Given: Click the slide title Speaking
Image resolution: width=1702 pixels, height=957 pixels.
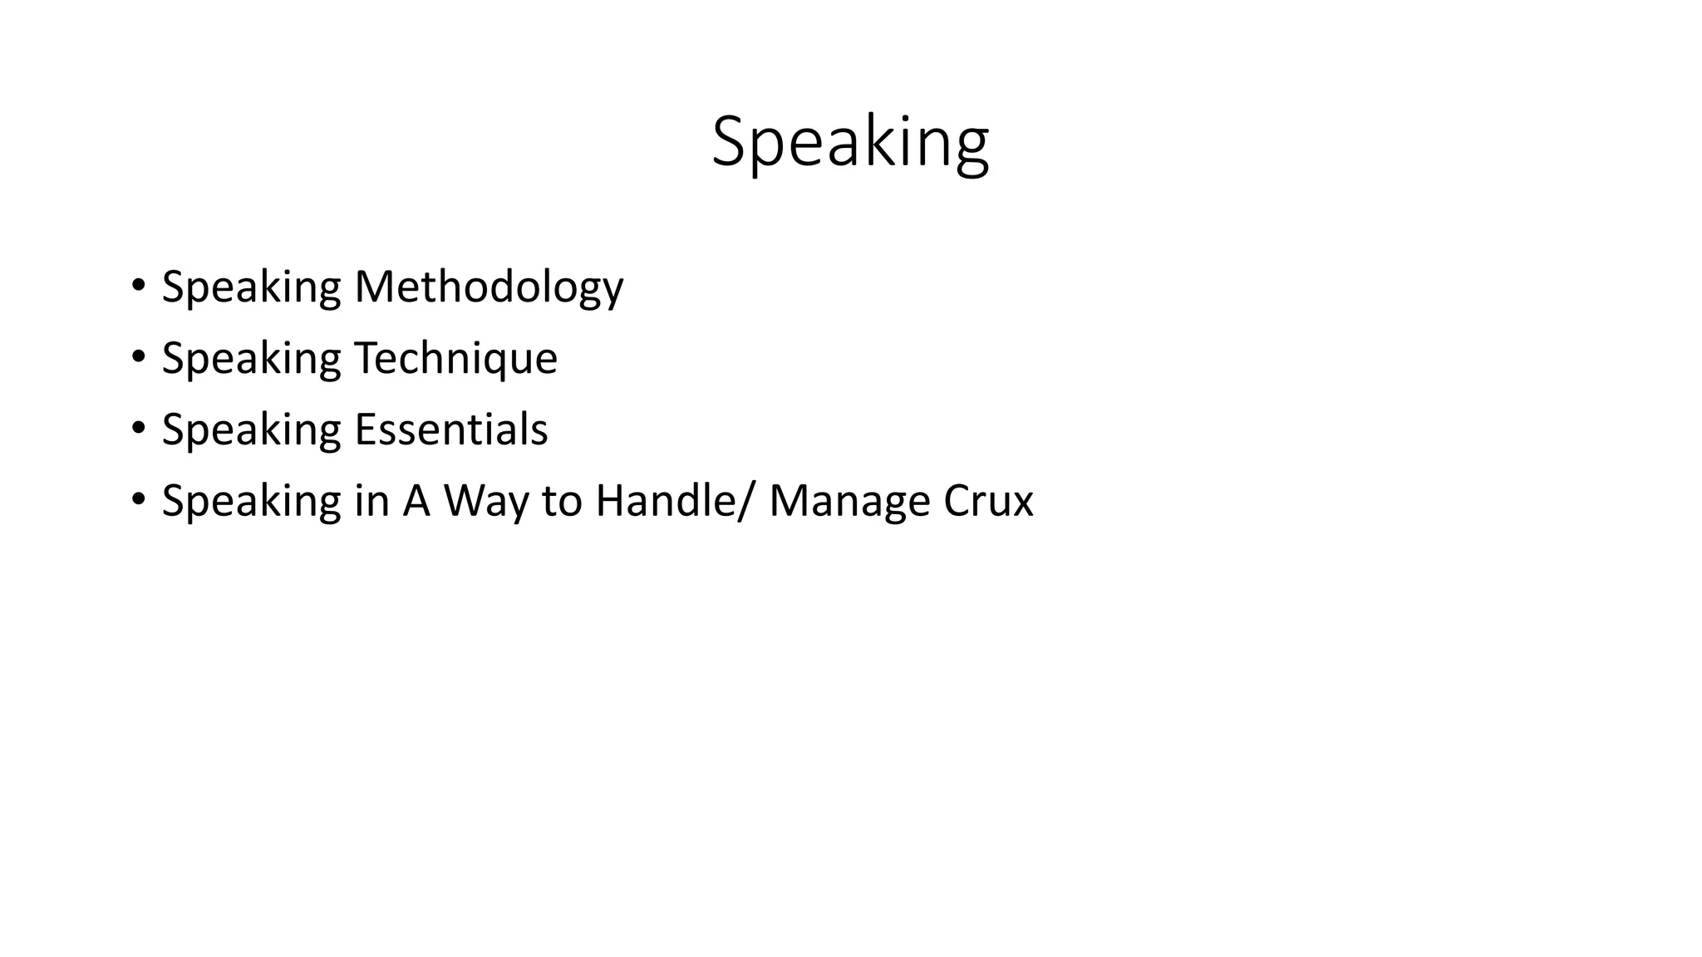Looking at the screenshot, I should pyautogui.click(x=850, y=143).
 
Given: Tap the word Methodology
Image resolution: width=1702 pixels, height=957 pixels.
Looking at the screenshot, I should pyautogui.click(x=489, y=287).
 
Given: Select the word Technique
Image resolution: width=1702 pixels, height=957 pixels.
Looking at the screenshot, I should pyautogui.click(x=455, y=359).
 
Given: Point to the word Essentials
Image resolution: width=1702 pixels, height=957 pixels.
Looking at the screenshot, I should pyautogui.click(x=451, y=429).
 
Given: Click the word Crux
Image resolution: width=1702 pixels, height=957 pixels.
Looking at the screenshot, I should pyautogui.click(x=988, y=501).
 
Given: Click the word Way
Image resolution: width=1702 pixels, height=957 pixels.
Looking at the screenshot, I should pyautogui.click(x=485, y=502).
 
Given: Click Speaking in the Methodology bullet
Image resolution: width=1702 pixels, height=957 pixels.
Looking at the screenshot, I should pyautogui.click(x=251, y=287).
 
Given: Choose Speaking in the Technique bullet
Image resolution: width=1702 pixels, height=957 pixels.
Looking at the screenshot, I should pyautogui.click(x=251, y=359).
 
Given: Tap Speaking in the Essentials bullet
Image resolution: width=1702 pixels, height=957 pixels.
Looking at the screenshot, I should pyautogui.click(x=251, y=430).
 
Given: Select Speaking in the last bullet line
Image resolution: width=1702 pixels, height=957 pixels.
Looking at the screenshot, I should pyautogui.click(x=251, y=502).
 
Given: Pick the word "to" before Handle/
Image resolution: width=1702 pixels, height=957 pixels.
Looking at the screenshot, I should pyautogui.click(x=562, y=502).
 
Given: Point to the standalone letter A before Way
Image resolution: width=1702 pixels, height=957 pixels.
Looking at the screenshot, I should pyautogui.click(x=416, y=501).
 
